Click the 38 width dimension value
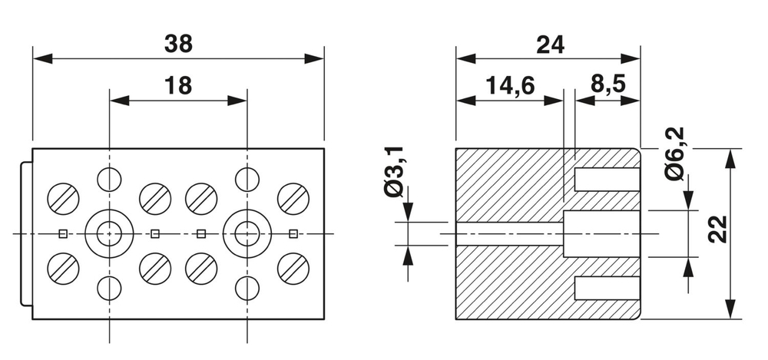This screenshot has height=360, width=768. (178, 45)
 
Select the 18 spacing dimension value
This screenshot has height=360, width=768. (178, 86)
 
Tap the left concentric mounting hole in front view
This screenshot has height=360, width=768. (109, 233)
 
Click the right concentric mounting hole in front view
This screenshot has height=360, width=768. (247, 233)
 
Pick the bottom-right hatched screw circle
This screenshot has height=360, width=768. (293, 267)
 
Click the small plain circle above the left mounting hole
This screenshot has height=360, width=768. (109, 179)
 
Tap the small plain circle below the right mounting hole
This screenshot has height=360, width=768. (247, 288)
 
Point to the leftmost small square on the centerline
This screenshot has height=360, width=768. (63, 233)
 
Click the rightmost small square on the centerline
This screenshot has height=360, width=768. (293, 233)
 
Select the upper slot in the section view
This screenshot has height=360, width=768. (607, 180)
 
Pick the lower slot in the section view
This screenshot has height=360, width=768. (607, 288)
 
